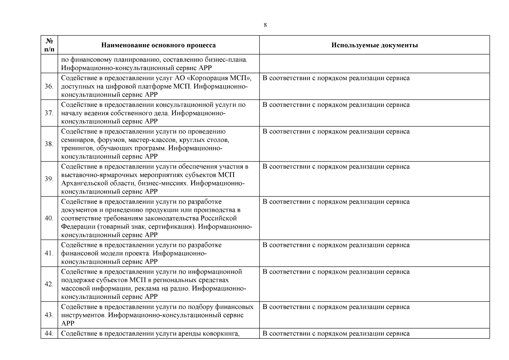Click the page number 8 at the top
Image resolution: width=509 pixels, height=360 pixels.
click(x=265, y=25)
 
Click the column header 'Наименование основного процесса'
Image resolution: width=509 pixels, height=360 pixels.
click(x=158, y=45)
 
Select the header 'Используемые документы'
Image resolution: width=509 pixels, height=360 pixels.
click(x=374, y=45)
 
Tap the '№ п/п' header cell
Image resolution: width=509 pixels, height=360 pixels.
click(x=49, y=45)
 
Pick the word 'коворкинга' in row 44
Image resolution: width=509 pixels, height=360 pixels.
click(x=221, y=334)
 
